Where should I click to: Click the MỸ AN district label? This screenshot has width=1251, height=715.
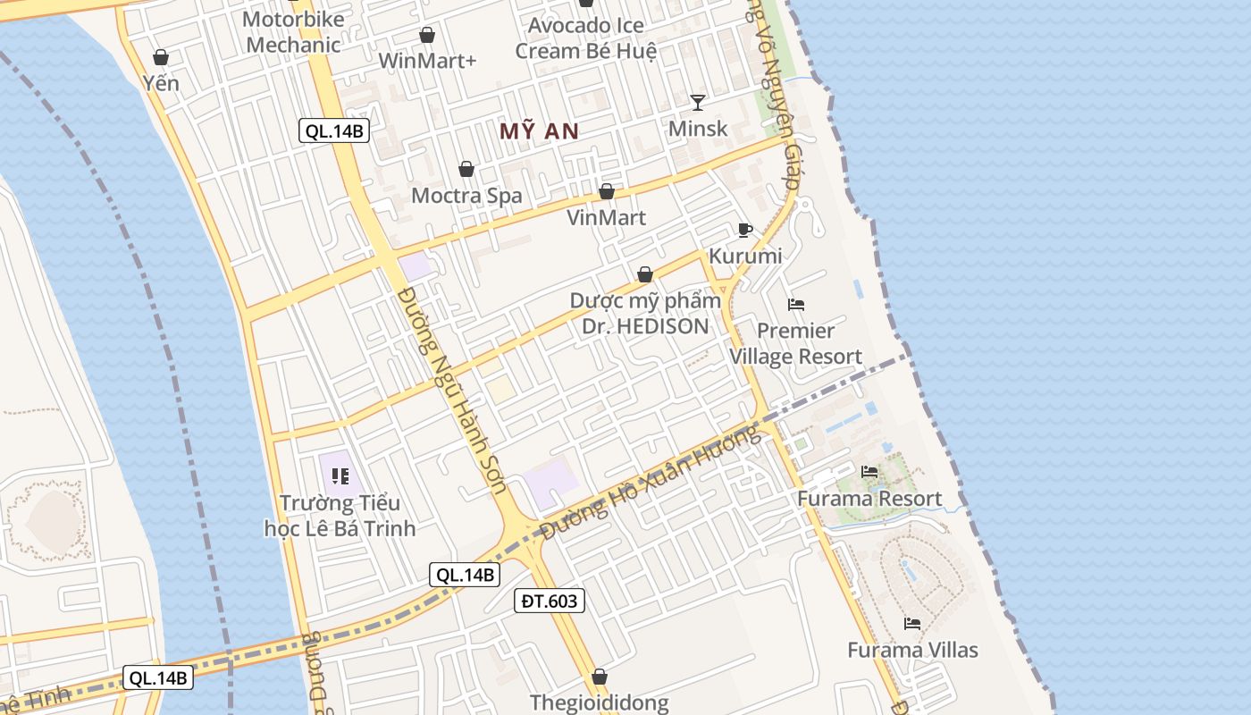539,131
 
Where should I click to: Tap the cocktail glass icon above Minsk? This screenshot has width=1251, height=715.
698,102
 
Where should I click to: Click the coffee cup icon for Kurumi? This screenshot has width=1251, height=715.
745,231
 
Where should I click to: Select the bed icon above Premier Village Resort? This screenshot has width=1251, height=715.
796,305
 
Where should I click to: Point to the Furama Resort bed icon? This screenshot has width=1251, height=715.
869,472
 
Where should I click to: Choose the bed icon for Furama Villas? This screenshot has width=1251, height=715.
912,623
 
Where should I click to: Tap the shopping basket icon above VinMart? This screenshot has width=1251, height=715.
607,191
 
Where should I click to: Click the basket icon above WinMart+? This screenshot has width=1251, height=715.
427,35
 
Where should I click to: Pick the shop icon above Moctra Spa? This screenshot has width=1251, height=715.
466,169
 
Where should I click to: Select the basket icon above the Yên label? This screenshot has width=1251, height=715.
161,57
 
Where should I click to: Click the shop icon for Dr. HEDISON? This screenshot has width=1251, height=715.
645,274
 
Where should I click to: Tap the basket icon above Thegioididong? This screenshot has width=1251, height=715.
600,677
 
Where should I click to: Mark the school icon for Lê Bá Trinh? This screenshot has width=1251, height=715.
340,476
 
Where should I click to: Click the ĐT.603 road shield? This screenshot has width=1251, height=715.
550,601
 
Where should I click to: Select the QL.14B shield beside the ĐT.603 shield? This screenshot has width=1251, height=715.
464,575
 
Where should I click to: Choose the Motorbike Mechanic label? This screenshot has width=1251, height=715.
293,32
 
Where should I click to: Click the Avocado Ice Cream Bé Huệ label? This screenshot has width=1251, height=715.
585,38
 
